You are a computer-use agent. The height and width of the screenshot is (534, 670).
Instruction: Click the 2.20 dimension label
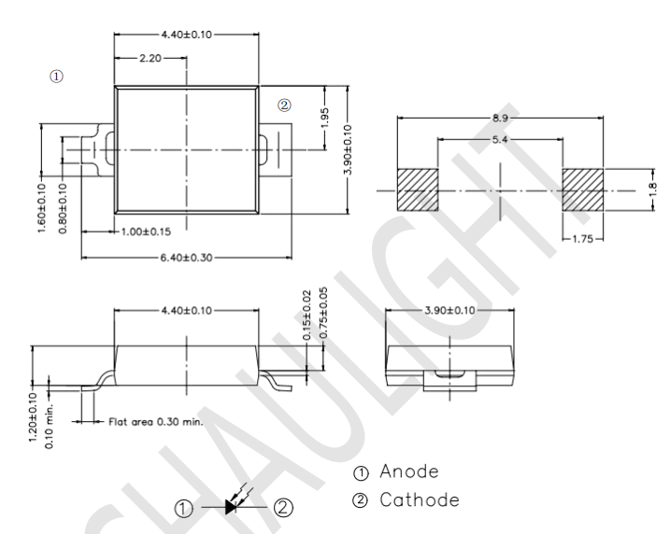pos(150,58)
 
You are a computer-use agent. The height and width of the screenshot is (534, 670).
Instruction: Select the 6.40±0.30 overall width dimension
pos(186,258)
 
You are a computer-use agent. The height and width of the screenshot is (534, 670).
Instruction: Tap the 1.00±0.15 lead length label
pos(146,232)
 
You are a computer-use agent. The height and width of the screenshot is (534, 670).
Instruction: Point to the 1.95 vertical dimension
pos(324,118)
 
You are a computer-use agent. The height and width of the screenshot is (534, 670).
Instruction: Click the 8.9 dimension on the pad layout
pos(500,118)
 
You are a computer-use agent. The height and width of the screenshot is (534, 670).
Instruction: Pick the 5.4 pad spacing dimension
pos(500,140)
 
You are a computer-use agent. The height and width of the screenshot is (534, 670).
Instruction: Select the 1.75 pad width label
pos(583,239)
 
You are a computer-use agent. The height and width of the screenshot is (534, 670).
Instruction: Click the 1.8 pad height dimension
pos(653,190)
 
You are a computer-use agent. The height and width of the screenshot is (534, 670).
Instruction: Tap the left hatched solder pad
pos(418,190)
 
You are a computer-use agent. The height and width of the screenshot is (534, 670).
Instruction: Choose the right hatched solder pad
pos(583,190)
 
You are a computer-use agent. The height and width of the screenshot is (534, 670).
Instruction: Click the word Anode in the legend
pos(409,471)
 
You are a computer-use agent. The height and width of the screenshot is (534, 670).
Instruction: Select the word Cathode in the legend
pos(420,499)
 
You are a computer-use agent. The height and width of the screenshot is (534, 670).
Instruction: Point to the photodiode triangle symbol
pos(231,507)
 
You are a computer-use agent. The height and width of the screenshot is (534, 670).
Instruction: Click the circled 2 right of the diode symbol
pos(283,508)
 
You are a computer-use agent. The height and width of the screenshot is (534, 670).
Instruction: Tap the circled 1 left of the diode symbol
pos(184,509)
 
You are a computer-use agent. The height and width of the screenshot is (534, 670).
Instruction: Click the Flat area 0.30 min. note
pos(155,422)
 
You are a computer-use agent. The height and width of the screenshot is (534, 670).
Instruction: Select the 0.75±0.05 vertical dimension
pos(323,313)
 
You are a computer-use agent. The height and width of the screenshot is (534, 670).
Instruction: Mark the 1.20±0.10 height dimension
pos(34,417)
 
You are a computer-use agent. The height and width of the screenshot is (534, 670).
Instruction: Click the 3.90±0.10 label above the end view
pos(449,310)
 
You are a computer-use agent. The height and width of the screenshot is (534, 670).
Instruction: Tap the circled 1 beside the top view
pos(56,77)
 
